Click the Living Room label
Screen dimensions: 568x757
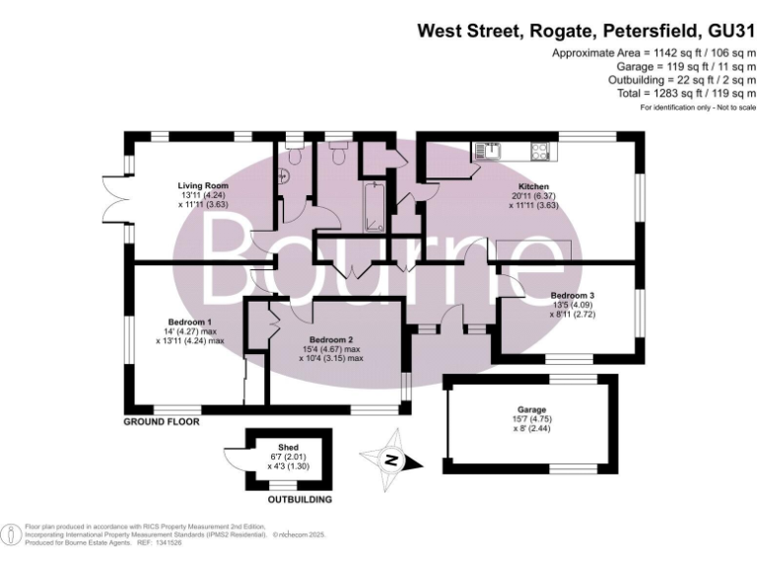203,185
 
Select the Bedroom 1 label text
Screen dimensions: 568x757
190,322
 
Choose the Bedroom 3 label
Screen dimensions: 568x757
573,295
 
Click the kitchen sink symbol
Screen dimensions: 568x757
488,151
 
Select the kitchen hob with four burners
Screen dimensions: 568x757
541,151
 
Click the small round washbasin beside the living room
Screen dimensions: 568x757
284,177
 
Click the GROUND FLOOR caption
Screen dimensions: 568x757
162,421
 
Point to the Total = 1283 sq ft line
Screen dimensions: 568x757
667,92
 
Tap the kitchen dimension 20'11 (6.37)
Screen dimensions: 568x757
533,196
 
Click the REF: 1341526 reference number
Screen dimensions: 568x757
160,540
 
